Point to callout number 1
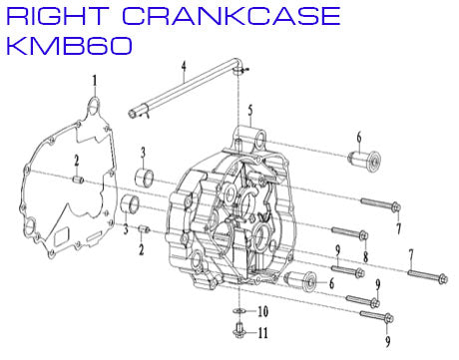(x=96, y=80)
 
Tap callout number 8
(x=366, y=257)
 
